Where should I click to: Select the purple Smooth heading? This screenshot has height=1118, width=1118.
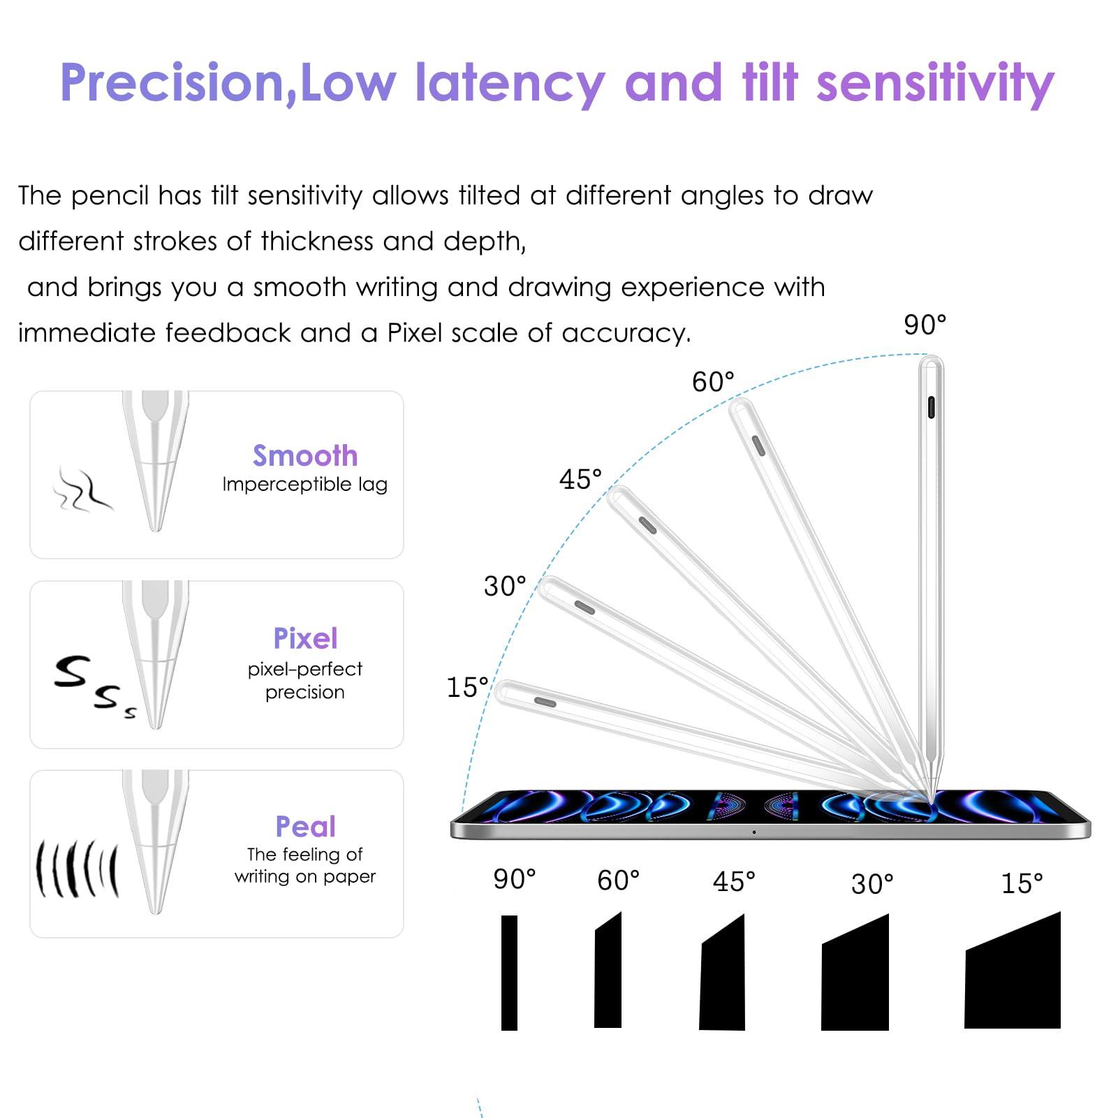click(x=305, y=455)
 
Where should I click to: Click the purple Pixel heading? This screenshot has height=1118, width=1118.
click(x=305, y=638)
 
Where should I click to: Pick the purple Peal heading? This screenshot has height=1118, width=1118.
click(x=305, y=826)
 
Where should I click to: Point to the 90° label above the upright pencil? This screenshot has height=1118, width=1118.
click(x=925, y=325)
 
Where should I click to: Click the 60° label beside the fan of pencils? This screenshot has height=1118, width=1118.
click(x=713, y=382)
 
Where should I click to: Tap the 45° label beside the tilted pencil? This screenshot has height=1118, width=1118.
click(x=580, y=480)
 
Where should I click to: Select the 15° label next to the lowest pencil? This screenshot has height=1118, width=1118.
click(x=467, y=687)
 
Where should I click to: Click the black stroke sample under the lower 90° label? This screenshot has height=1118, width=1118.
click(x=510, y=972)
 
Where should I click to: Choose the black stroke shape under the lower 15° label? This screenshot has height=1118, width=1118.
click(x=1013, y=970)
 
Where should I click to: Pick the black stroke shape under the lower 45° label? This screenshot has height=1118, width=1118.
click(x=722, y=972)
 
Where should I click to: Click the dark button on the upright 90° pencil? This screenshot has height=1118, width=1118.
click(x=931, y=407)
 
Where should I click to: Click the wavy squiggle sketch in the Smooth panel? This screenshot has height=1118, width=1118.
click(x=82, y=490)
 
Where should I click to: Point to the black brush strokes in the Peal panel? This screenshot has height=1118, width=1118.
click(x=78, y=869)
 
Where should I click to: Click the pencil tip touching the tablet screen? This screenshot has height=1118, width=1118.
click(x=934, y=800)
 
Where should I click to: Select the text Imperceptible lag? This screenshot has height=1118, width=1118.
click(x=305, y=485)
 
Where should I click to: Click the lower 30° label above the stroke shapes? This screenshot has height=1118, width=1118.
click(x=872, y=884)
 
